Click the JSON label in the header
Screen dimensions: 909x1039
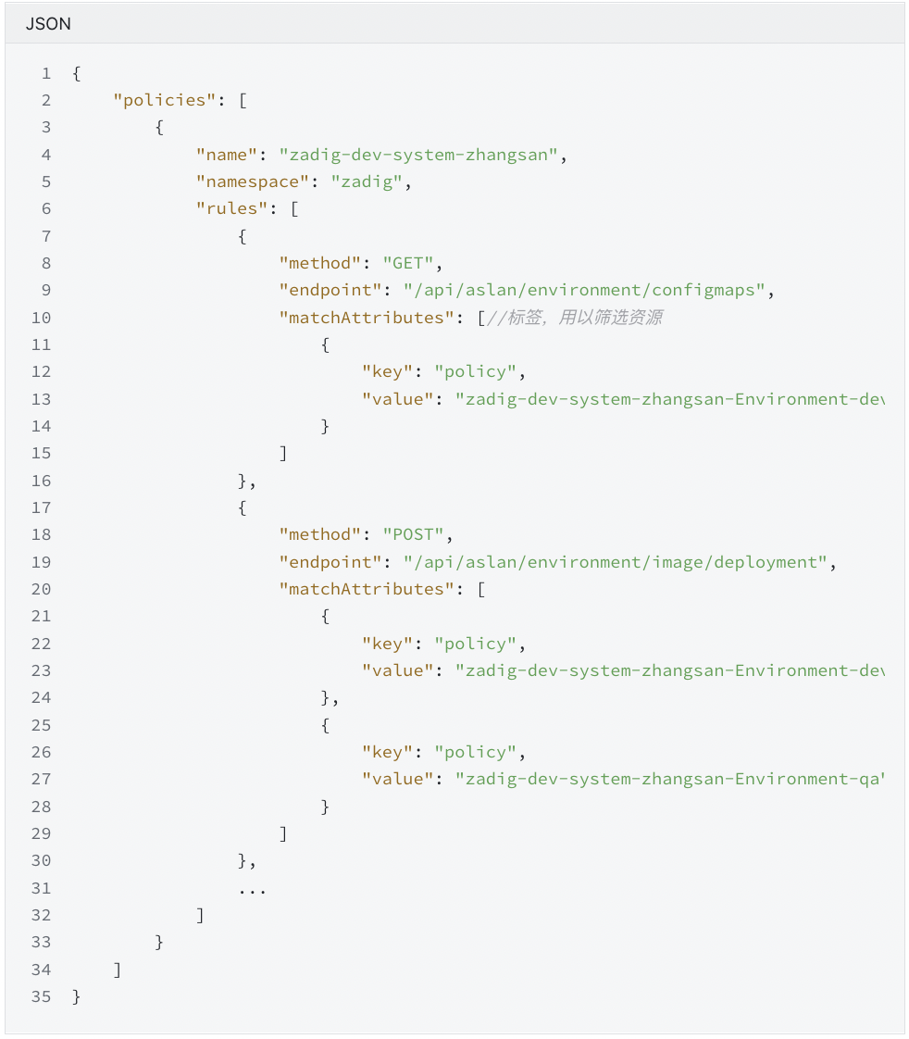(48, 24)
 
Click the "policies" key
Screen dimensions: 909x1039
(165, 100)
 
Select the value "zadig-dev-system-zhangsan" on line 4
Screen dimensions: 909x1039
(418, 155)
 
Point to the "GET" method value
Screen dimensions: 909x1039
(407, 263)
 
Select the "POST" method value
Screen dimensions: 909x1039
(413, 534)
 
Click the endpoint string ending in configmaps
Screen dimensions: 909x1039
(583, 290)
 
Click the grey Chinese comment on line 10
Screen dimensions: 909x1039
(574, 318)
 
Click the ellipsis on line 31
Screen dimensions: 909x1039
(252, 888)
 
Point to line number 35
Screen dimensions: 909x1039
(41, 997)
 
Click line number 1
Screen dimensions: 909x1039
(45, 73)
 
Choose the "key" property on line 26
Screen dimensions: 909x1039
(387, 752)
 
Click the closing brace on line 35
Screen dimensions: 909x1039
(77, 997)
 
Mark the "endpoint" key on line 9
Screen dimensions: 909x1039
(330, 290)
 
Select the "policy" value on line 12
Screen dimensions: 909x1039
(475, 371)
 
